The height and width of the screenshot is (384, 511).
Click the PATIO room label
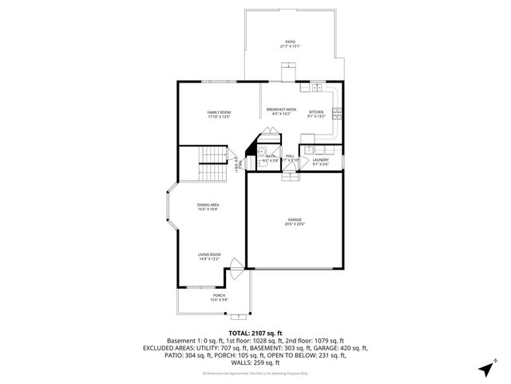click(291, 42)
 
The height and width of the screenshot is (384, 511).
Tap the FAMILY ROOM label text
click(219, 111)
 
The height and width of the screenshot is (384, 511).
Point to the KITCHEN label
click(316, 111)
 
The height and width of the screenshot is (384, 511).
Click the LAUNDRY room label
click(321, 159)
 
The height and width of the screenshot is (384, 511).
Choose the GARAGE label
click(295, 219)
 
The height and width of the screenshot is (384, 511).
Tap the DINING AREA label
click(208, 205)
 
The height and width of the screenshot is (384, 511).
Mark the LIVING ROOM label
click(209, 255)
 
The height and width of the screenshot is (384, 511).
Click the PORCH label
click(219, 296)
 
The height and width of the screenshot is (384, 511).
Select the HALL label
click(291, 156)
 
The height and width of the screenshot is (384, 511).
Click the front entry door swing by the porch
click(235, 266)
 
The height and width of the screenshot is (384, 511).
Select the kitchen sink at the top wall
click(317, 87)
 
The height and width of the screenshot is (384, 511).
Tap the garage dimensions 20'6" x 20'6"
click(295, 224)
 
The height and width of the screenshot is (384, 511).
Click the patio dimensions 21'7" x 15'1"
click(291, 46)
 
